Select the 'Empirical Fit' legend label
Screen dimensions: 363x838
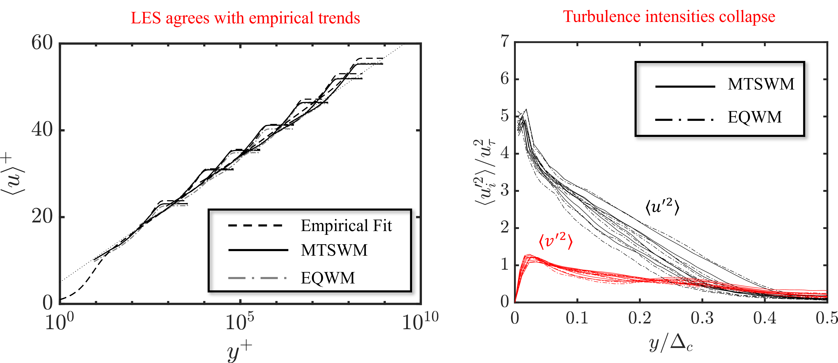click(x=346, y=226)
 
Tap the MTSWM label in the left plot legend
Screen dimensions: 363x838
click(x=334, y=250)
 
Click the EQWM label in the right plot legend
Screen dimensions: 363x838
click(x=754, y=117)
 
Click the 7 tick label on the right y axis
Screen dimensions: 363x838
click(x=505, y=42)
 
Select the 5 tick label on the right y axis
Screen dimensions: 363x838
click(x=505, y=116)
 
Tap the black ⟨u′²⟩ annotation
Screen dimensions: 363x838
click(x=662, y=207)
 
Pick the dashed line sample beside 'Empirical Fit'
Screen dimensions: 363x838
click(x=255, y=225)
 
